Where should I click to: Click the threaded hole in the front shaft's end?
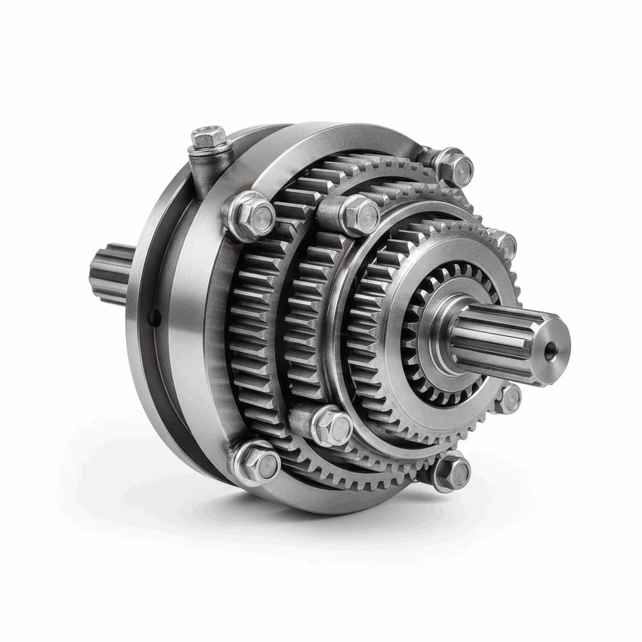(551, 344)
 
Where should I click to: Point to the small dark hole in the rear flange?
(155, 318)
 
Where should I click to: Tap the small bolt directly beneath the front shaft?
(509, 399)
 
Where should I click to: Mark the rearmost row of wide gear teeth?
(251, 326)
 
